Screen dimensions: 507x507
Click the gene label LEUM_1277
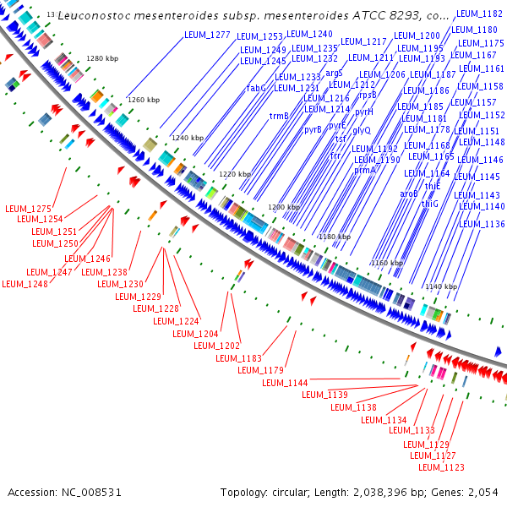(x=207, y=35)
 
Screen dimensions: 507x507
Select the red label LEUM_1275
(x=29, y=209)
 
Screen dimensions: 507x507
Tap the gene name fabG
(x=256, y=88)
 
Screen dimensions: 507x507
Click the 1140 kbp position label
(x=440, y=287)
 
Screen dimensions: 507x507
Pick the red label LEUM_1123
(x=441, y=467)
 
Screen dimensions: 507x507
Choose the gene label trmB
(x=279, y=116)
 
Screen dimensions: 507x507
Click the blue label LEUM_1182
(x=479, y=14)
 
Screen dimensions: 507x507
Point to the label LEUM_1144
(x=285, y=383)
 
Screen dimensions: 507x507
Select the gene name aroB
(x=409, y=194)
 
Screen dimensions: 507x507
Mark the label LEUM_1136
(x=482, y=224)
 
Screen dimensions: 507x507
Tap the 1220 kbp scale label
(x=235, y=174)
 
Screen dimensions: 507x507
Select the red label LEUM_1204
(x=195, y=334)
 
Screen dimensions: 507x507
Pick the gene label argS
(x=334, y=74)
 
